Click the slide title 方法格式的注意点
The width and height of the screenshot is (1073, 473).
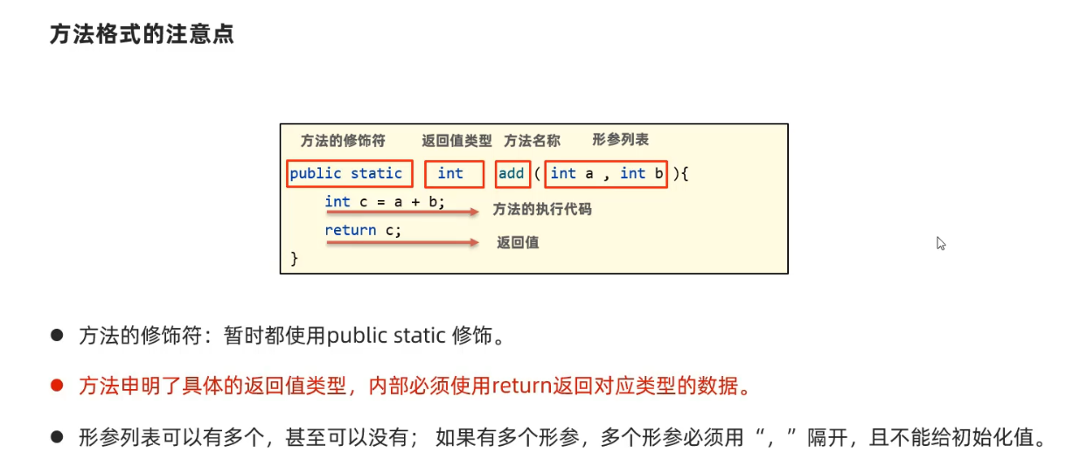[142, 36]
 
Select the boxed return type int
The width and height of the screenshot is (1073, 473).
[454, 174]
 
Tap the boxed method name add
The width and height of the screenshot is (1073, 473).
[511, 174]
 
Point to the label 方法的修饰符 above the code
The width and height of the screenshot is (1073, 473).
[342, 141]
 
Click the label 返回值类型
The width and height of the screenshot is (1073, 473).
[456, 141]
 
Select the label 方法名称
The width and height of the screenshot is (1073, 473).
[532, 141]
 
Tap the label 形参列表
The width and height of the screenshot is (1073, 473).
[620, 140]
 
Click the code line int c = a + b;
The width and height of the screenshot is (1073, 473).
[385, 202]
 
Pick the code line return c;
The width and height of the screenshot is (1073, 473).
[363, 230]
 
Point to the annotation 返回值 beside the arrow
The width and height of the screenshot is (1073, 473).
[518, 242]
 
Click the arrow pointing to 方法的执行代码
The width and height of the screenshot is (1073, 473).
[402, 212]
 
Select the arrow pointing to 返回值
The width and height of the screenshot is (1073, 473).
[402, 242]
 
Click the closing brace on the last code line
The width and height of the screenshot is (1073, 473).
[295, 258]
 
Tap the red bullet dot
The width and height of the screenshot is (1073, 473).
[58, 385]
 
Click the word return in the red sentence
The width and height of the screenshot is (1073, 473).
[520, 386]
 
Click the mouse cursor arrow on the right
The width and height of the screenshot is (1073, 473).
[941, 243]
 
